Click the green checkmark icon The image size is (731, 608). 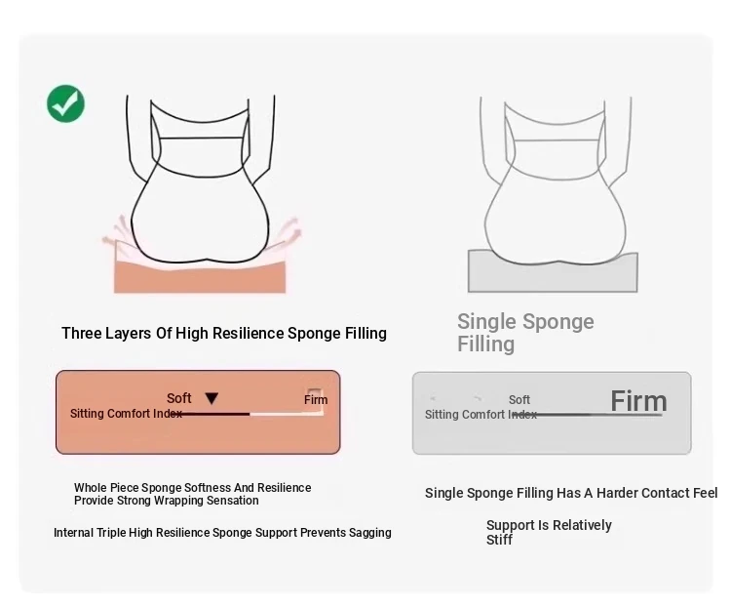pos(65,103)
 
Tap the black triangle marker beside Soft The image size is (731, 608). pos(212,398)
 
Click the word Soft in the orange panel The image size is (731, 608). pos(179,398)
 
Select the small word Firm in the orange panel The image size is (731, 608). pos(316,400)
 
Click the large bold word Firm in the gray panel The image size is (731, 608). pos(638,401)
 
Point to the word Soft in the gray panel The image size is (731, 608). pos(519,400)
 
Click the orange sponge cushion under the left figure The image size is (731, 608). pos(200,276)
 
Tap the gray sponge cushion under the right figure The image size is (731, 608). pos(553,273)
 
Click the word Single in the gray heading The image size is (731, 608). pos(487,322)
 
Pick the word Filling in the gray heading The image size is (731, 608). pos(485,345)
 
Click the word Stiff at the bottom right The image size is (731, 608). pos(499,540)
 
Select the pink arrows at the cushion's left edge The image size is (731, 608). pos(116,231)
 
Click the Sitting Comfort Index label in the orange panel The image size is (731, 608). pos(126,414)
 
